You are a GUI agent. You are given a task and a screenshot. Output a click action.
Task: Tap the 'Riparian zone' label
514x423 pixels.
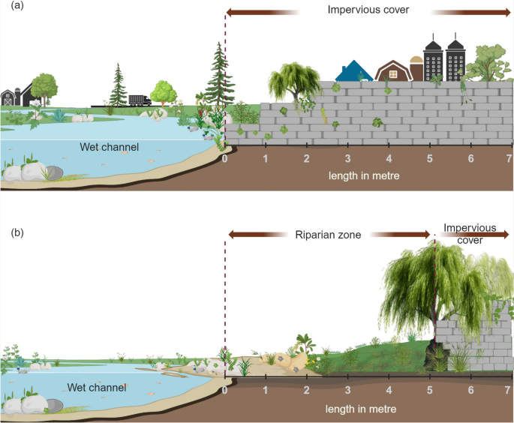(x=326, y=235)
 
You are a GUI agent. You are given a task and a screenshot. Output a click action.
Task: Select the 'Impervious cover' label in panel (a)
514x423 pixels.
(x=368, y=10)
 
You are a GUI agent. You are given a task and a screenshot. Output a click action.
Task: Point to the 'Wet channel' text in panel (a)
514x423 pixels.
(x=110, y=147)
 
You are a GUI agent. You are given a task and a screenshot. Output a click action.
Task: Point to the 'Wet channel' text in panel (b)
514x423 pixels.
(x=96, y=387)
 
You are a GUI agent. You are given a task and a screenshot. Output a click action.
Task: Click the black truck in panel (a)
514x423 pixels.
(x=140, y=100)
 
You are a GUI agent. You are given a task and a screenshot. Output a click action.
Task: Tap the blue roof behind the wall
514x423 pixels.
(x=353, y=71)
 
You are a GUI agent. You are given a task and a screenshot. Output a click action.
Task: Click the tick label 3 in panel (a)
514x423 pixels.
(x=347, y=160)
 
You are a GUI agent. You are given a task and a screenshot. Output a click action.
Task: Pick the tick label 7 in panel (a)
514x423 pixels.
(x=509, y=160)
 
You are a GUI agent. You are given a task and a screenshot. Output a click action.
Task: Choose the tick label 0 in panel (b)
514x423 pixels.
(x=225, y=390)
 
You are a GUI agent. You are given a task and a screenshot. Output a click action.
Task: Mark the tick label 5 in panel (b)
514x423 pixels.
(x=430, y=390)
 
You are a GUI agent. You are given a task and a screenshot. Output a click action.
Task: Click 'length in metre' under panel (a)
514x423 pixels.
(x=363, y=175)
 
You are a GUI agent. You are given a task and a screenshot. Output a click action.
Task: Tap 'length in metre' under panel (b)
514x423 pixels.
(x=360, y=409)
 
